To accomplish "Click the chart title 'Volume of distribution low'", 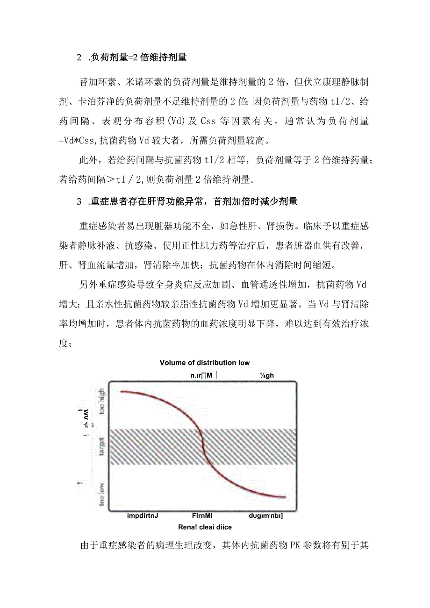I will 204,363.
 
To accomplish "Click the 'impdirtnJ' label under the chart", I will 143,516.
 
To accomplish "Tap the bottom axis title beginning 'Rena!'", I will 204,527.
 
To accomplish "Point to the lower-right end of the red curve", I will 284,497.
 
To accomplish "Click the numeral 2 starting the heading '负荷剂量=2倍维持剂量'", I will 79,57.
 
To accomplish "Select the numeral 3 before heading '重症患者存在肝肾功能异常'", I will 79,202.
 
